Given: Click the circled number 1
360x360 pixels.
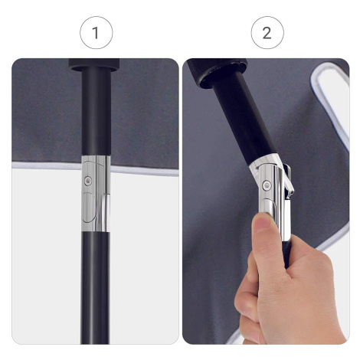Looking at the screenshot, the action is coord(96,33).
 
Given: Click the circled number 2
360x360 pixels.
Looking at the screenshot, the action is coord(267,33).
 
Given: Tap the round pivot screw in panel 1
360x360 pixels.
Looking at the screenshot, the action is coord(88,181).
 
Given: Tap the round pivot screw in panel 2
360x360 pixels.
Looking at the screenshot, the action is coord(267,185).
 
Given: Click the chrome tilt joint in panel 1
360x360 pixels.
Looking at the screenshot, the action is coord(96,194).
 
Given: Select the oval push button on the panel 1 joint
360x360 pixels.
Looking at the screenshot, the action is coord(88,208).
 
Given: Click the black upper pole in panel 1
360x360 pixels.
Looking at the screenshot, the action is coord(97,111).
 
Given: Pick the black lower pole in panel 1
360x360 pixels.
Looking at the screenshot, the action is coord(96,288).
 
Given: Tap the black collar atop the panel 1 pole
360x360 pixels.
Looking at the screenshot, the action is coord(94,64).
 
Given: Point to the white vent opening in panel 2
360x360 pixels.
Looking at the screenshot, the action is coord(332,102).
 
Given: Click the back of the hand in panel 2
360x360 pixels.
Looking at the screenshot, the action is coord(306,293).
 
